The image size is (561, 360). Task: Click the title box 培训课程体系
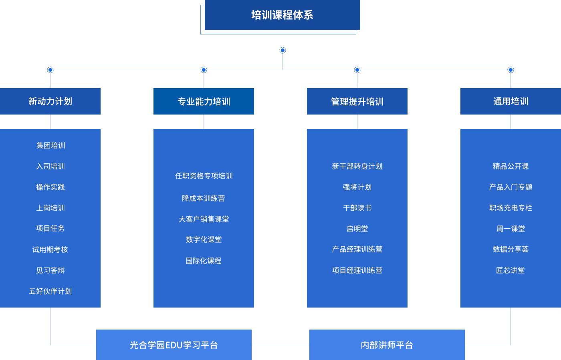(282, 15)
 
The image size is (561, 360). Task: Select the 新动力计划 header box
(50, 101)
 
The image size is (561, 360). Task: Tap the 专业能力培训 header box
(204, 102)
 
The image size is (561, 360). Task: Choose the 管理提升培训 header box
(357, 102)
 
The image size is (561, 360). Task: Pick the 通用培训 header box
(511, 101)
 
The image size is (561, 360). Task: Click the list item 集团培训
(50, 145)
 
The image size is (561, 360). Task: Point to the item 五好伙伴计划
(50, 291)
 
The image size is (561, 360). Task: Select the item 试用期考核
(50, 249)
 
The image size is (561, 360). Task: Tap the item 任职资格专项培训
(204, 176)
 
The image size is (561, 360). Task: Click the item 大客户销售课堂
(204, 219)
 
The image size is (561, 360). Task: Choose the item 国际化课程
(204, 261)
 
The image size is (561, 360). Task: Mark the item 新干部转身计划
(357, 166)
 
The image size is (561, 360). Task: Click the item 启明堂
(357, 229)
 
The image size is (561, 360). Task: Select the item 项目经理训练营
(357, 270)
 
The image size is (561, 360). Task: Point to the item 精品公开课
(511, 166)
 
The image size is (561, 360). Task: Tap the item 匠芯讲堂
(511, 270)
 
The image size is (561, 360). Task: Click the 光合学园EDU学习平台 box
(174, 345)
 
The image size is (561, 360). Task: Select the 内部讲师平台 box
(387, 345)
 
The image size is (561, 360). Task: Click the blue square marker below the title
(283, 50)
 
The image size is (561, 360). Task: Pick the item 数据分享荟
(511, 249)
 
